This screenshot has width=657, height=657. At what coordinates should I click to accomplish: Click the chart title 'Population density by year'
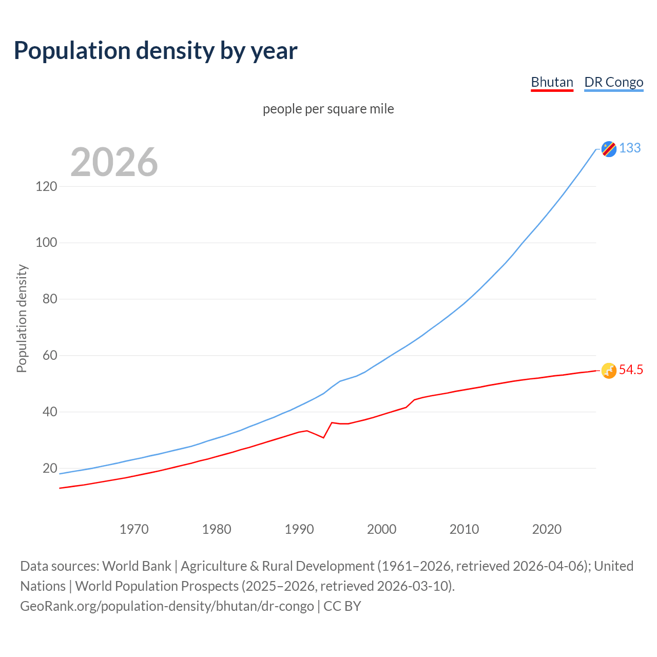(x=156, y=51)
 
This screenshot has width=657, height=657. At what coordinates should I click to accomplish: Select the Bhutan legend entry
(x=552, y=82)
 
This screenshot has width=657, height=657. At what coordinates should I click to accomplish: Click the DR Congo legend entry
(x=613, y=82)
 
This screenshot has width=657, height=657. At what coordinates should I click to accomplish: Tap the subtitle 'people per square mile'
(x=328, y=109)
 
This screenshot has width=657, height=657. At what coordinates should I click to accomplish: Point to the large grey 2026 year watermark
(x=114, y=162)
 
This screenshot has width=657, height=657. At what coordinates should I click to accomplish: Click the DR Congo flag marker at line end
(x=609, y=149)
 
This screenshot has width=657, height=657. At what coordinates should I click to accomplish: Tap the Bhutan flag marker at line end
(x=609, y=371)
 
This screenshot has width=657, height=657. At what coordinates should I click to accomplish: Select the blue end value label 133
(x=630, y=148)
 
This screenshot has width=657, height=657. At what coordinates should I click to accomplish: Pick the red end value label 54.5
(x=631, y=370)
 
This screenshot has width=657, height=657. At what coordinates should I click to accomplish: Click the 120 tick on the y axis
(x=46, y=186)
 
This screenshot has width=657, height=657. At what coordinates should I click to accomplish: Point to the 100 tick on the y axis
(x=46, y=242)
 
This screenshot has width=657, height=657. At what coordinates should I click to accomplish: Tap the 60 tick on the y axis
(x=50, y=355)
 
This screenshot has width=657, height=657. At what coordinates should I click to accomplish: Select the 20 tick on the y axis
(x=50, y=468)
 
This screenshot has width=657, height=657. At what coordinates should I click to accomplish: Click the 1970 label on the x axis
(x=134, y=529)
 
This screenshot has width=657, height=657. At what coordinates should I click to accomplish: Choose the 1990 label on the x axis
(x=299, y=529)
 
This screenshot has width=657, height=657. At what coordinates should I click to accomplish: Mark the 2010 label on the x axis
(x=464, y=529)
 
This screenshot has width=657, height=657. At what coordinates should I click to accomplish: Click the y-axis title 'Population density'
(x=22, y=318)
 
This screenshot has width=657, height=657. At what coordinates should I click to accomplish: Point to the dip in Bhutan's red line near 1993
(x=323, y=437)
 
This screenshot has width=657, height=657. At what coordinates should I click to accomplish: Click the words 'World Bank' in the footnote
(x=137, y=566)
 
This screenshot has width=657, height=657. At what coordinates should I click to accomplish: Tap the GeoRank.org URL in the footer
(x=167, y=606)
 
